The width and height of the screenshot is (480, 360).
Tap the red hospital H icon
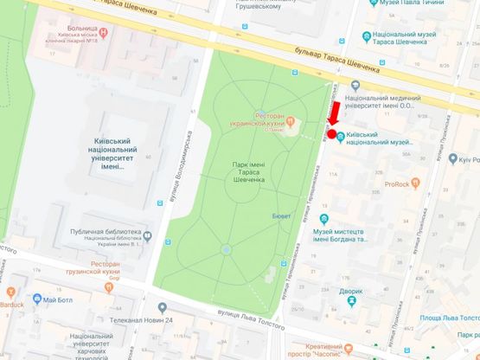[105, 33]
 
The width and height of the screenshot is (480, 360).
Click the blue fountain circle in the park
[226, 249]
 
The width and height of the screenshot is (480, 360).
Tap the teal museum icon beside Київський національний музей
[341, 137]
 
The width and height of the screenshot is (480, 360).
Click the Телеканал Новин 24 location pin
[161, 308]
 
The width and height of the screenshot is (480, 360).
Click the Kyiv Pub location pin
[451, 160]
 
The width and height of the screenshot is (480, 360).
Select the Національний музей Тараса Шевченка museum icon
[363, 37]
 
